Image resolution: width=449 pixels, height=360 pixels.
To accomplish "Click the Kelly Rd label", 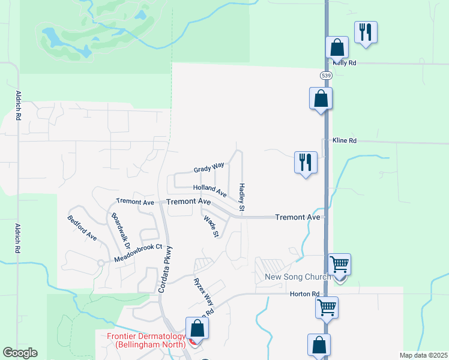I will point(345,62).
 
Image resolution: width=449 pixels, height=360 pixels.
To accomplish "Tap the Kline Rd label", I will point(345,140).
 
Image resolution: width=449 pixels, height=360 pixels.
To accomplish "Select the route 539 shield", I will point(326,76).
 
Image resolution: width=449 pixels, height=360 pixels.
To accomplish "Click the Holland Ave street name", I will point(209,190).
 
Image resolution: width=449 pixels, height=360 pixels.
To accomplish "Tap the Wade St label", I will point(211,226).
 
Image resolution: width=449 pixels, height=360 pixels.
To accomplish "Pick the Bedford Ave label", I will point(82,228).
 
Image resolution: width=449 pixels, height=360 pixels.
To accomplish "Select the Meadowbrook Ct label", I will point(139,254).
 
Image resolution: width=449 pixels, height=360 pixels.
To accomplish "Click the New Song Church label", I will point(298,277).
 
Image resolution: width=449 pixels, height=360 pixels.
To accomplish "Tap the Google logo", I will point(20,353).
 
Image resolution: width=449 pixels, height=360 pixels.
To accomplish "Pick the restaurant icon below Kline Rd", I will point(306,162).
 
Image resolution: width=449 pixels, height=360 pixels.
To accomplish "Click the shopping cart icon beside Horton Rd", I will point(327,308).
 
